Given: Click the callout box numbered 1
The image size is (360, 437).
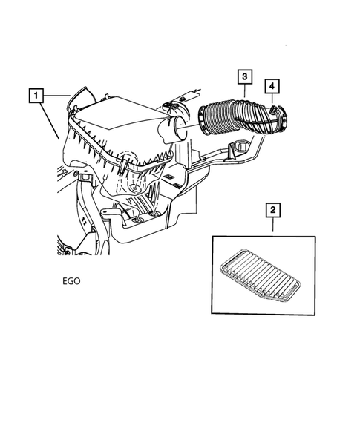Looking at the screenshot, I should click(x=36, y=95).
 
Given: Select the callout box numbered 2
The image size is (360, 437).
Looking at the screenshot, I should click(x=274, y=211).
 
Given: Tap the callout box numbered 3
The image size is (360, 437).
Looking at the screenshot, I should click(x=244, y=76).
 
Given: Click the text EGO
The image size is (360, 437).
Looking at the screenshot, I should click(x=72, y=282).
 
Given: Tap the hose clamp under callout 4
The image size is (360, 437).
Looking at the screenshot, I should click(x=274, y=114).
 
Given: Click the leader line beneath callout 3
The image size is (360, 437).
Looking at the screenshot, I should click(x=244, y=92).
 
